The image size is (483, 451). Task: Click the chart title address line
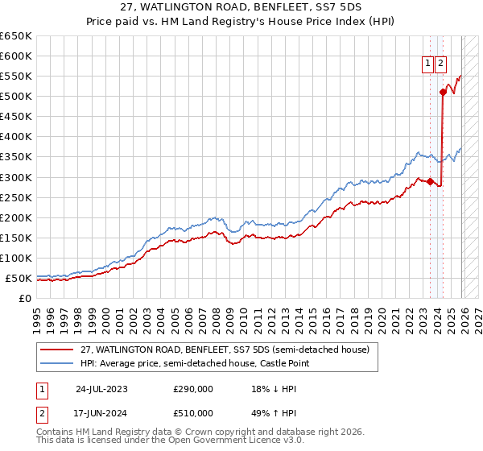(x=242, y=8)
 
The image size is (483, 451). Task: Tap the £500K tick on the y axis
(x=15, y=97)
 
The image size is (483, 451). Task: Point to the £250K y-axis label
(x=15, y=197)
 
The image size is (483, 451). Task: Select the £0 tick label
(x=24, y=298)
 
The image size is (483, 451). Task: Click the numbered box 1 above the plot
(x=427, y=67)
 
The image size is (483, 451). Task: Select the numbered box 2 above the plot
(x=441, y=67)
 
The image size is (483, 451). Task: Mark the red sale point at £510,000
(x=443, y=92)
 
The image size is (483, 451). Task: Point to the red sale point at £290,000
(x=430, y=181)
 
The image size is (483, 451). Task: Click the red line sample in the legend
(x=57, y=350)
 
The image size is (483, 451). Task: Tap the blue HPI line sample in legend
(x=57, y=364)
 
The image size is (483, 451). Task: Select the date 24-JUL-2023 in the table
(x=101, y=389)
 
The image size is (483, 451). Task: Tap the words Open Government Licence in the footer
(x=215, y=441)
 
